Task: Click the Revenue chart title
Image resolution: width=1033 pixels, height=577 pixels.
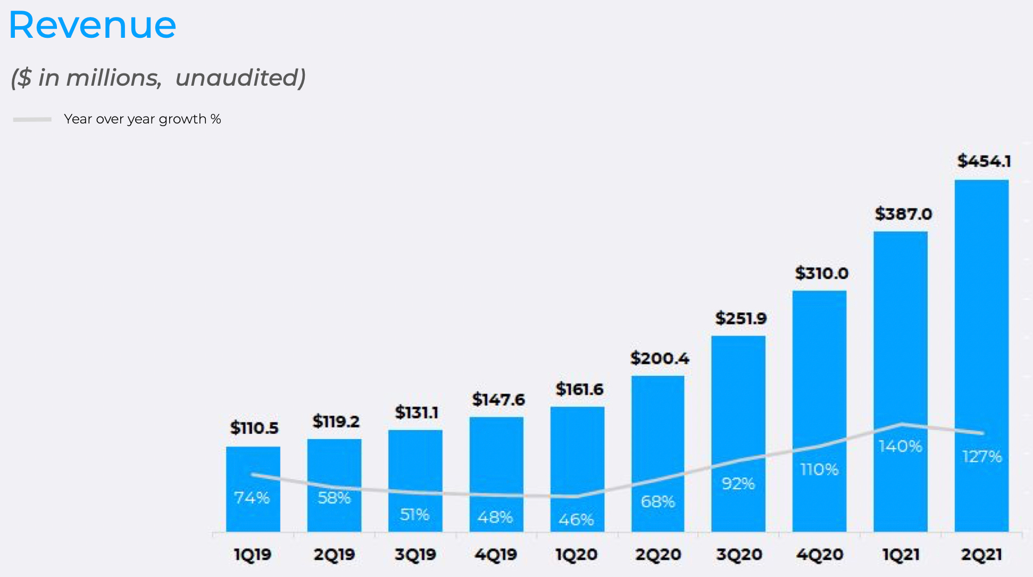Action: point(93,25)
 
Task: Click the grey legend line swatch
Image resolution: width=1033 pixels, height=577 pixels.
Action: point(32,119)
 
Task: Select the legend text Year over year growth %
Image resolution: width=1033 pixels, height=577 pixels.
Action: point(142,119)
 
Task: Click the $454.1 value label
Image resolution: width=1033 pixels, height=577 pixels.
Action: point(984,161)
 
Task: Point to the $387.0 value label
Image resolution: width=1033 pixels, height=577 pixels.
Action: point(903,214)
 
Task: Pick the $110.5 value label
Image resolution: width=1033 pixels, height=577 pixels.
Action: point(254,427)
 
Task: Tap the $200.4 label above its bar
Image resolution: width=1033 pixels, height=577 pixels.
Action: point(660,358)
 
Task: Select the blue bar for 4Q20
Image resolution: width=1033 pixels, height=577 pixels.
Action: point(819,373)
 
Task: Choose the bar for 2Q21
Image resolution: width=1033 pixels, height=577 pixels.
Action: point(981,319)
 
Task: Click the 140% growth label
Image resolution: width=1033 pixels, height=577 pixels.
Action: point(900,446)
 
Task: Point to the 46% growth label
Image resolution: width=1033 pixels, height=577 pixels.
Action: point(576,520)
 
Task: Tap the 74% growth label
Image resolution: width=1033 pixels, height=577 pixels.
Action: point(252,498)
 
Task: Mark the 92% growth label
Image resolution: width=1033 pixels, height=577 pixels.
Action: point(738,483)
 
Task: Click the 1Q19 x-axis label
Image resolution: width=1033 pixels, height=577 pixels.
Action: point(253,555)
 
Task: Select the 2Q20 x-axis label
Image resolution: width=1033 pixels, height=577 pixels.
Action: point(658,555)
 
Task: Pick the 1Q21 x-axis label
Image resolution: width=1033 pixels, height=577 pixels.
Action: point(901,555)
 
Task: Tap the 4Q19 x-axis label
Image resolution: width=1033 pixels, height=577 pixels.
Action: point(496,555)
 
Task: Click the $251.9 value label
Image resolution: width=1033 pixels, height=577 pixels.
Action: point(741,318)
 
